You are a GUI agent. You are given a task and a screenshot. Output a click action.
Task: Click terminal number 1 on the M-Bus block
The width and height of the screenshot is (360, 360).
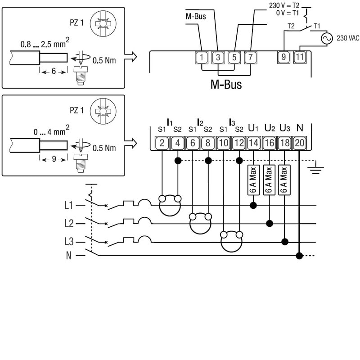202,58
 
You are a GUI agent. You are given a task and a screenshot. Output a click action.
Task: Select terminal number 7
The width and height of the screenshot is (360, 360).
250,58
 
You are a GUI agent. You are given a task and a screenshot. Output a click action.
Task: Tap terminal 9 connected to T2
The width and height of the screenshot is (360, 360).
283,57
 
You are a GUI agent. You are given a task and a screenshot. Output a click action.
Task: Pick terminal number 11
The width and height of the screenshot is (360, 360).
300,57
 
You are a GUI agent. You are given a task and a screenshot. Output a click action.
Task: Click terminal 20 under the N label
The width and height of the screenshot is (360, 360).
299,143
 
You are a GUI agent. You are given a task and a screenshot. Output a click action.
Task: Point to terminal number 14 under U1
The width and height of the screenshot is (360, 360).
253,143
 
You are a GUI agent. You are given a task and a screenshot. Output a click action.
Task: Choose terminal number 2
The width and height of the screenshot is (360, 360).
162,143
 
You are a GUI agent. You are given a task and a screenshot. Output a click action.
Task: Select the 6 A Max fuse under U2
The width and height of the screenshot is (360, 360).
269,180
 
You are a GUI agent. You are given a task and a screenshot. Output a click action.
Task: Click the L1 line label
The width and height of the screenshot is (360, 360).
68,206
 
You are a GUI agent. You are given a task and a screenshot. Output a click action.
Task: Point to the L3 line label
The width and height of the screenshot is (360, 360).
68,242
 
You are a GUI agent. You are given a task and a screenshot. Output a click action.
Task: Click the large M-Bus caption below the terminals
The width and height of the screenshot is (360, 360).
226,84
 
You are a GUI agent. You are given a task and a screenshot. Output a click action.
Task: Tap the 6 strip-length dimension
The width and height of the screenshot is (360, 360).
54,71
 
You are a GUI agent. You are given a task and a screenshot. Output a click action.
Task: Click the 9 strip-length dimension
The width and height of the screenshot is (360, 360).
54,159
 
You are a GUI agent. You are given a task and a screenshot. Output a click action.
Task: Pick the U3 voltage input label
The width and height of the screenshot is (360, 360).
285,128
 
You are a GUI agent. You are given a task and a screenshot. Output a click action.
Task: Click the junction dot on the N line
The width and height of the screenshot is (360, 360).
299,256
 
